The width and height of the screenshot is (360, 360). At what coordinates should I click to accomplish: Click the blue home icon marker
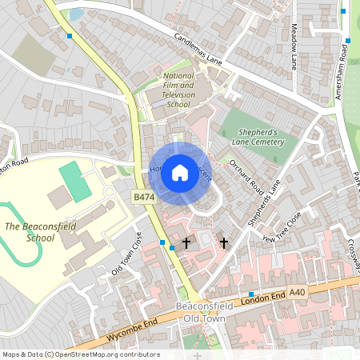pos(180,172)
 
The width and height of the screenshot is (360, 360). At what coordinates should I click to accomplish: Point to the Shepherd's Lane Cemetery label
pos(258,137)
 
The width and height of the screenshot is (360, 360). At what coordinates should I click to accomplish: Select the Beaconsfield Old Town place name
pos(200,313)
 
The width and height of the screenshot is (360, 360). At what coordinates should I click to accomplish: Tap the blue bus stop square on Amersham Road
pos(348,40)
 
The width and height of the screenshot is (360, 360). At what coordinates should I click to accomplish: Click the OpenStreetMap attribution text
pos(80,354)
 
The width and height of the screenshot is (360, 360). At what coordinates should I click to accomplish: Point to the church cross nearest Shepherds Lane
pos(224,242)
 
